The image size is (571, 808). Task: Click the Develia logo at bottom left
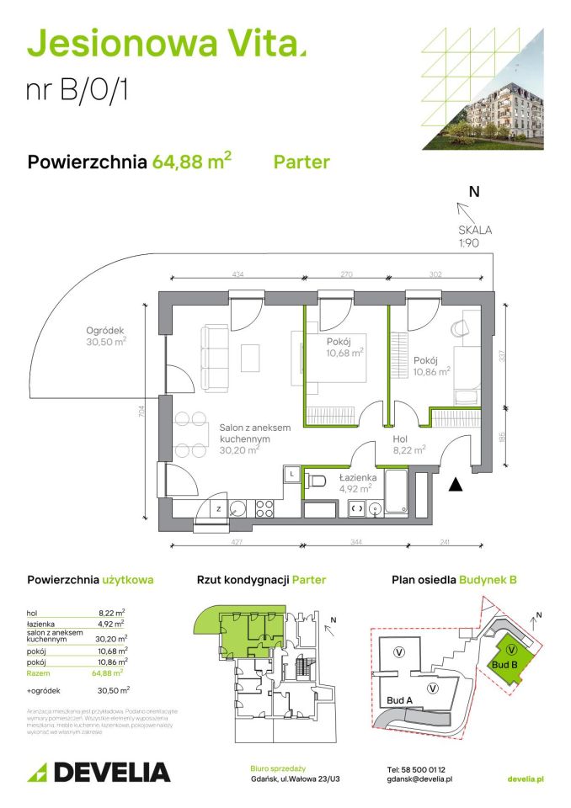pyautogui.click(x=99, y=772)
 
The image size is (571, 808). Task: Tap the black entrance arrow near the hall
pyautogui.click(x=455, y=483)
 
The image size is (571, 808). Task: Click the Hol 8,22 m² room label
pyautogui.click(x=408, y=444)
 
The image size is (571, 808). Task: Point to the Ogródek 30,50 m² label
pyautogui.click(x=105, y=336)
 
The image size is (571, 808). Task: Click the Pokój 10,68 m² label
pyautogui.click(x=344, y=347)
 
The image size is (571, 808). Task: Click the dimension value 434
pyautogui.click(x=237, y=274)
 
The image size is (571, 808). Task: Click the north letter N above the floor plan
pyautogui.click(x=474, y=192)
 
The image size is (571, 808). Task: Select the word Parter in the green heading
pyautogui.click(x=302, y=162)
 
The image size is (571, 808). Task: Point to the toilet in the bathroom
pyautogui.click(x=318, y=480)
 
